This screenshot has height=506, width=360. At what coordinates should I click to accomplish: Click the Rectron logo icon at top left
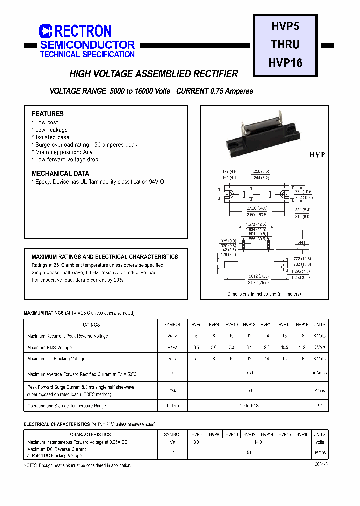click(46, 31)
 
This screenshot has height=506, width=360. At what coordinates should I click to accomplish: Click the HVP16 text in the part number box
click(285, 63)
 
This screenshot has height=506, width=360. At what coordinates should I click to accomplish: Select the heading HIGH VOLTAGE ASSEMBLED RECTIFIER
click(154, 74)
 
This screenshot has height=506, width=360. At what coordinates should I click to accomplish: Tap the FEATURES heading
click(48, 114)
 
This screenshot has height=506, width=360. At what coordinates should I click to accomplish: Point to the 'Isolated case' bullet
click(52, 137)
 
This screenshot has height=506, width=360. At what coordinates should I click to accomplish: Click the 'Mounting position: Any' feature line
click(63, 152)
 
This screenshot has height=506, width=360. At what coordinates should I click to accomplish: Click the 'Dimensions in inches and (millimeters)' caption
click(264, 294)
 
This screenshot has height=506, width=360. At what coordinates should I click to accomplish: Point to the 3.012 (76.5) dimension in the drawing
click(258, 275)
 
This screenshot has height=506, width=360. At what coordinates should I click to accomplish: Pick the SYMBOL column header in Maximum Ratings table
click(172, 324)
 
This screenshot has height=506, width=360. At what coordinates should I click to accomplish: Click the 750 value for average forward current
click(250, 373)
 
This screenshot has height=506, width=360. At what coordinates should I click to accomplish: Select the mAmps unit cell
click(319, 373)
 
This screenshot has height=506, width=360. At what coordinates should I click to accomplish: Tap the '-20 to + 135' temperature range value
click(250, 406)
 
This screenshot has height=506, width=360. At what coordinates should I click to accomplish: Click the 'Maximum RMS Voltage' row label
click(50, 347)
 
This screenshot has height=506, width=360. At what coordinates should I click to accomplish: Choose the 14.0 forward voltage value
click(258, 442)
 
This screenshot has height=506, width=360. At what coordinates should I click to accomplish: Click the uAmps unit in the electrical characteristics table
click(319, 452)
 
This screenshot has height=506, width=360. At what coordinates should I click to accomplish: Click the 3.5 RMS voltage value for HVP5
click(196, 347)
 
